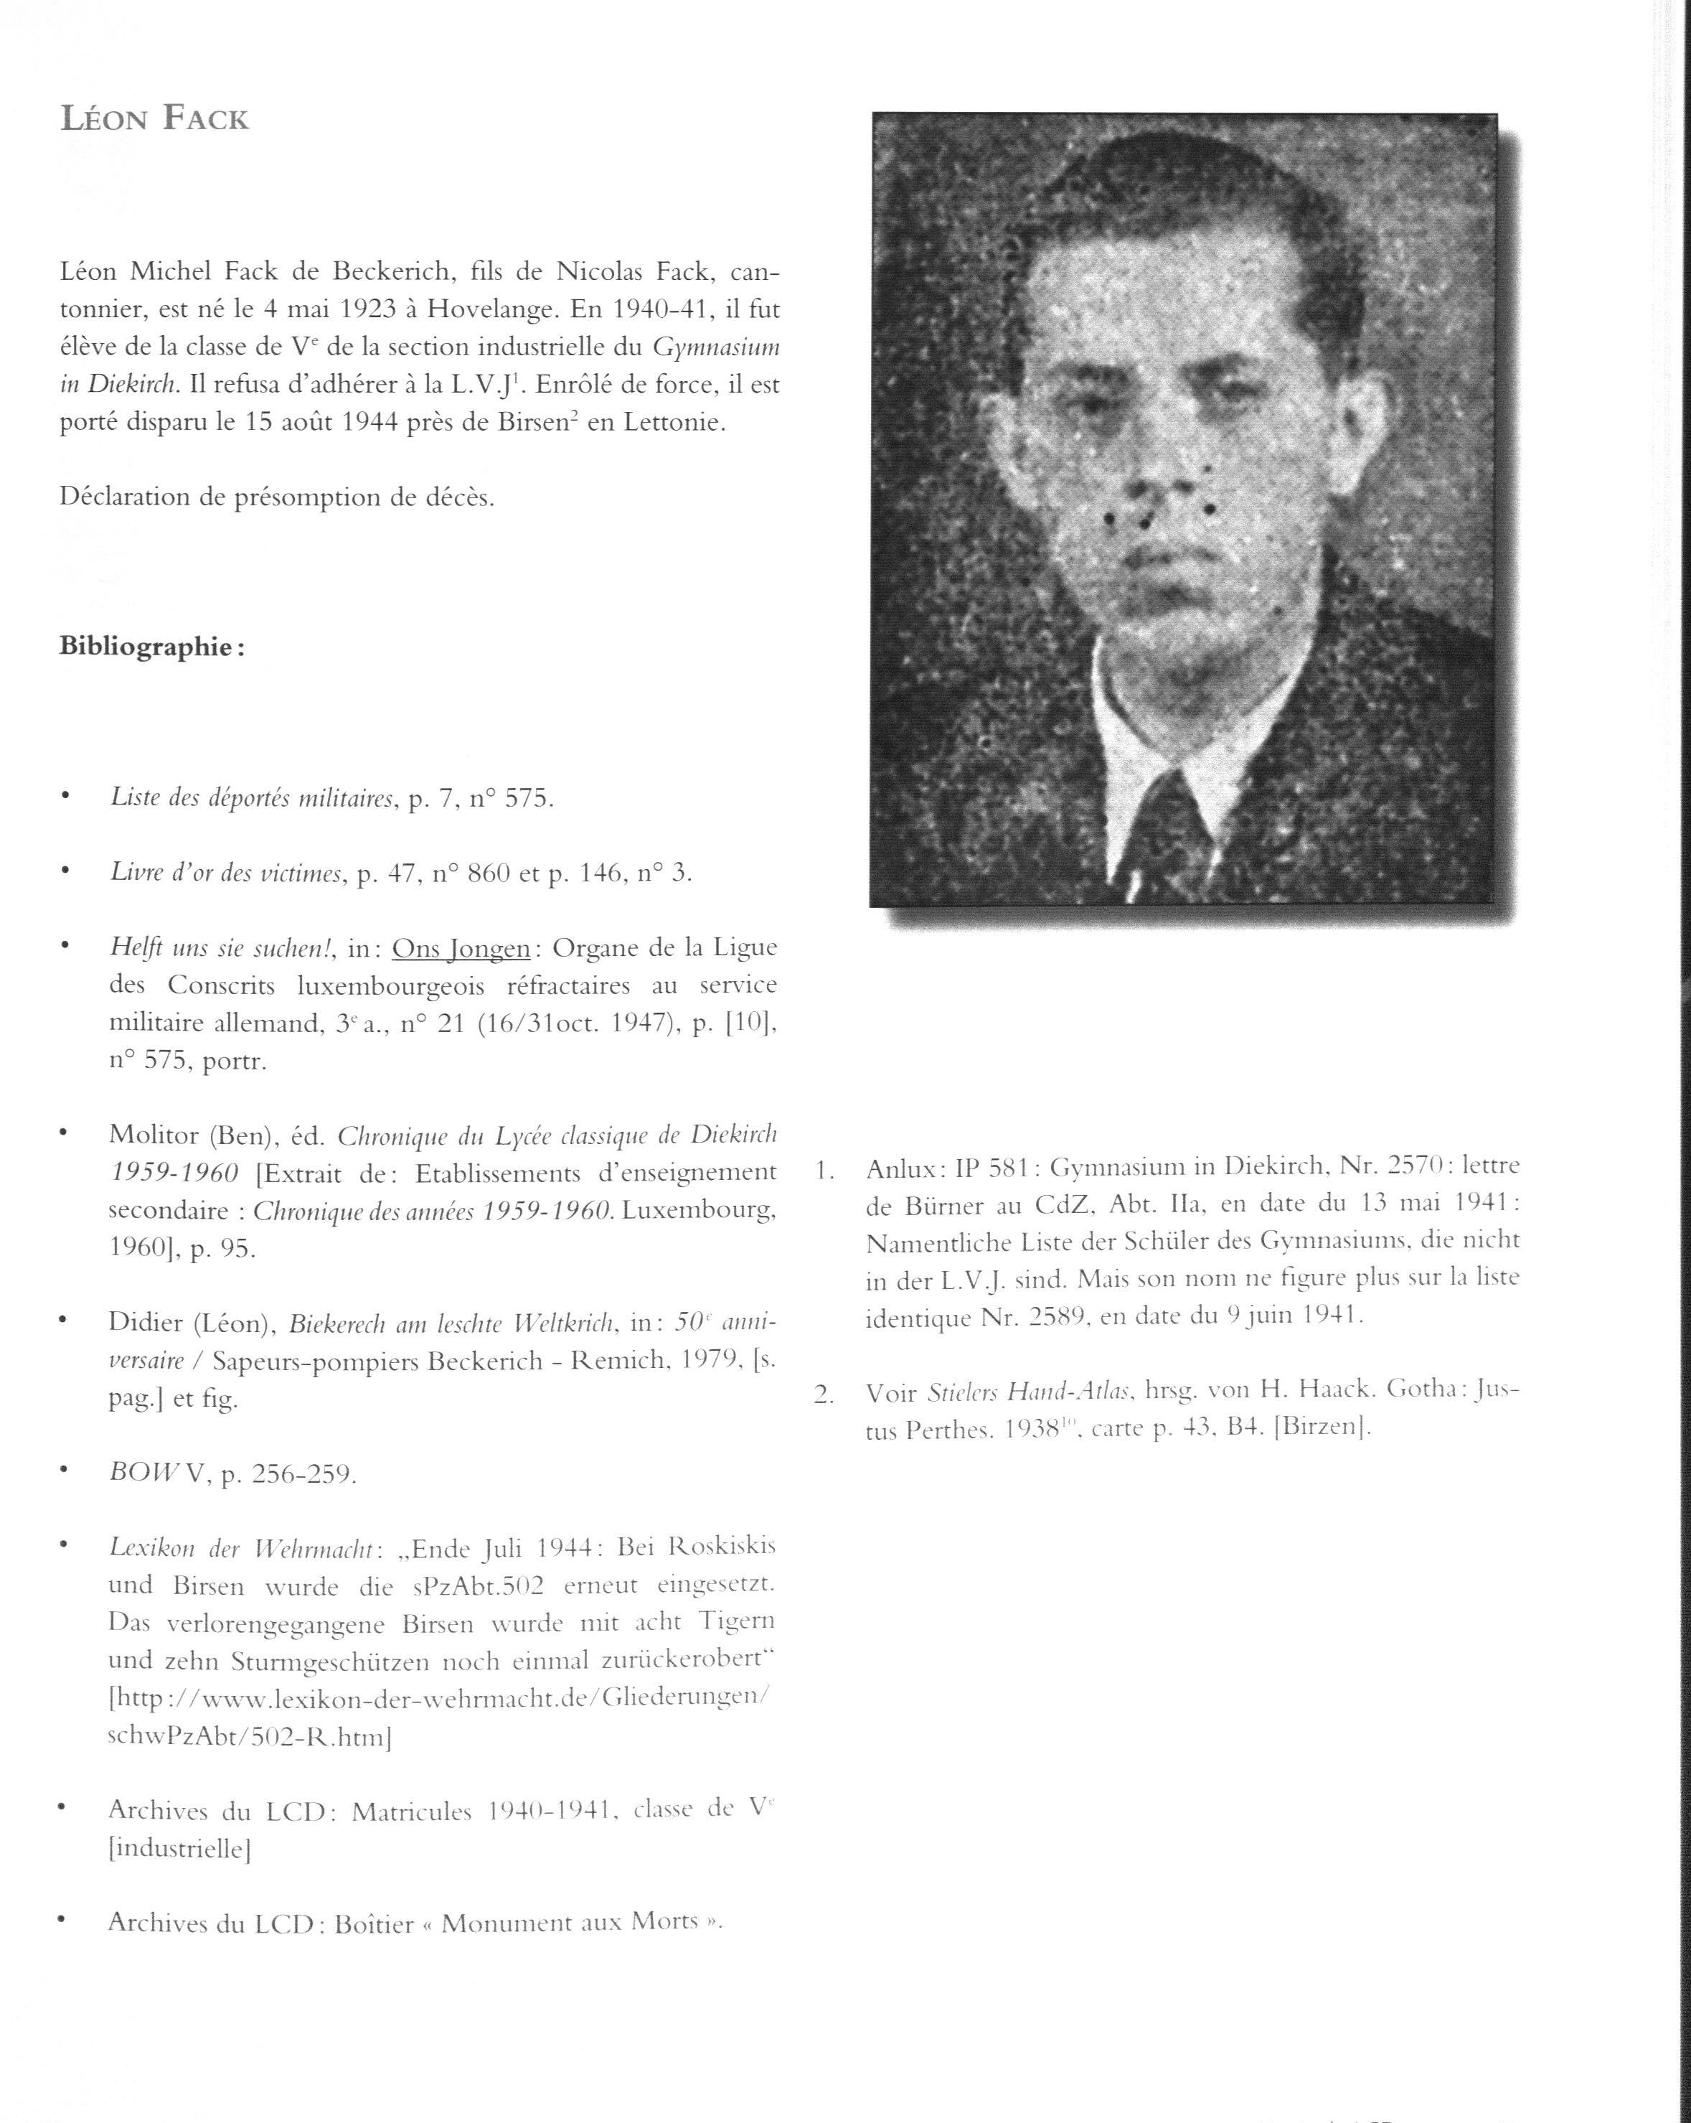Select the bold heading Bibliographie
point(151,647)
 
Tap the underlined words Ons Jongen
point(461,948)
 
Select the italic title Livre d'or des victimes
point(225,873)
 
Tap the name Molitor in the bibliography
point(154,1136)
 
